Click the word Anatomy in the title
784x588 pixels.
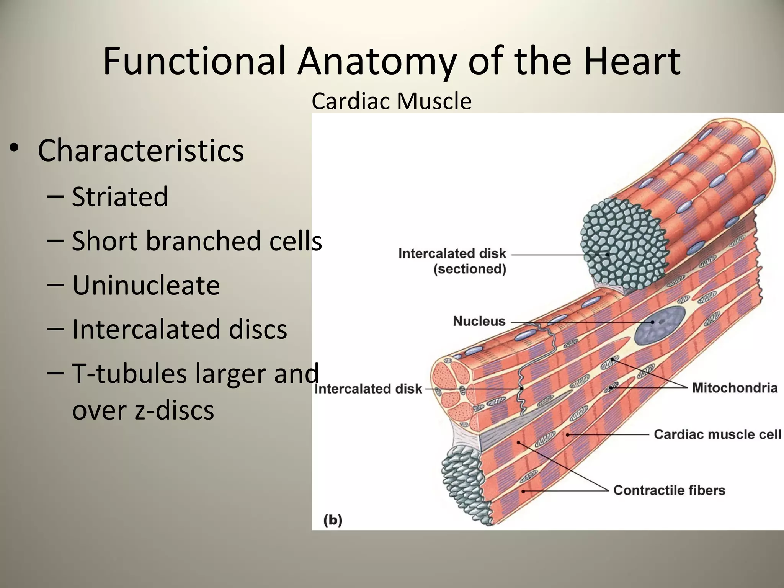coord(377,61)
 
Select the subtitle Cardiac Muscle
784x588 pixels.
coord(391,101)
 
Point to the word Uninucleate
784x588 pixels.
coord(146,285)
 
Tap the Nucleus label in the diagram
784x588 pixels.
coord(479,321)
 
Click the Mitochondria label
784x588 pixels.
coord(735,388)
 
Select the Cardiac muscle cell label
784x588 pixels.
coord(717,434)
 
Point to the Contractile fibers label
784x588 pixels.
coord(669,490)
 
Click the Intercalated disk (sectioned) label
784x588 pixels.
coord(452,261)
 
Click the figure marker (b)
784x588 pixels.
coord(333,520)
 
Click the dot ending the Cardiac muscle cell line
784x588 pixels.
coord(568,435)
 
